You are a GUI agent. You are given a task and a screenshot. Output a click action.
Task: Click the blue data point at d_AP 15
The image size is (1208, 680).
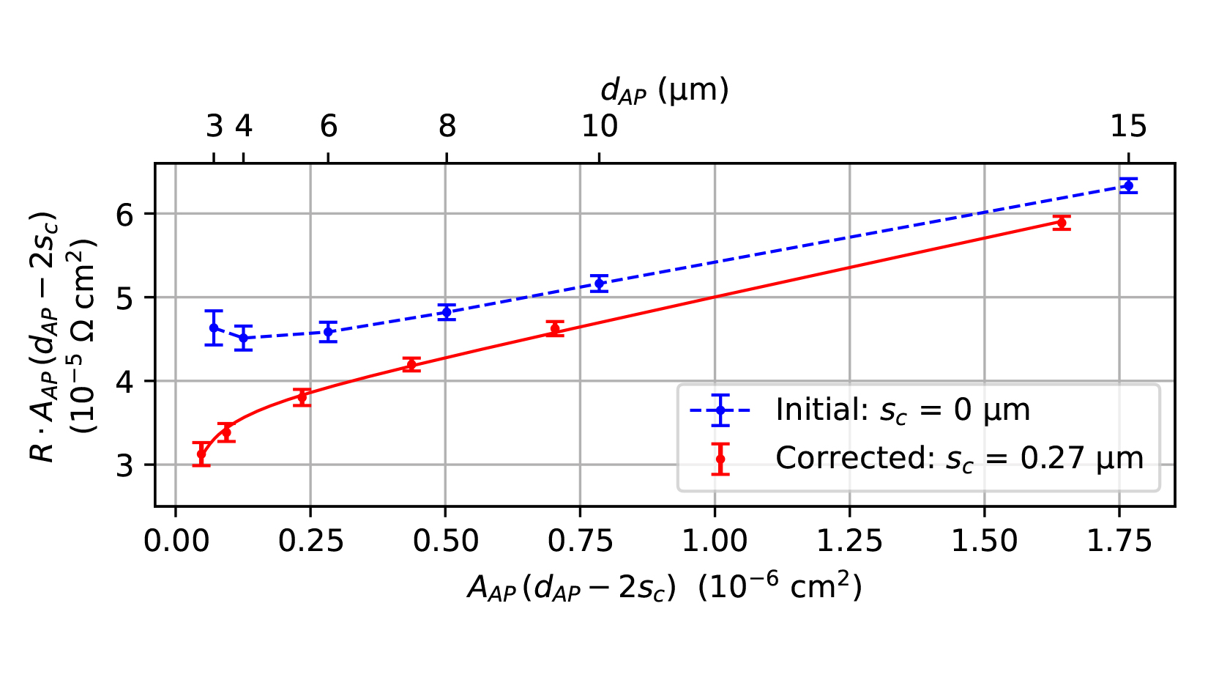[1127, 186]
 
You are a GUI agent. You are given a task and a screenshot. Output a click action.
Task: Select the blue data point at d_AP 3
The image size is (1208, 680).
[214, 328]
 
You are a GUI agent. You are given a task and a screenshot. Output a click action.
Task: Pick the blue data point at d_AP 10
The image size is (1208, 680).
[600, 283]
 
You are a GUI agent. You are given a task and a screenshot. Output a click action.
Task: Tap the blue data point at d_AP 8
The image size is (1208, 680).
[446, 312]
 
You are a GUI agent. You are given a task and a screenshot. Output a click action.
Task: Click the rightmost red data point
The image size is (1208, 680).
[1061, 223]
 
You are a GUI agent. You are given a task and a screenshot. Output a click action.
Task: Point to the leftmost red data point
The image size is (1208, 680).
[202, 454]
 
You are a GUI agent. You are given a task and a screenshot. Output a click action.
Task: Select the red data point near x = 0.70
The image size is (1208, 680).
[555, 328]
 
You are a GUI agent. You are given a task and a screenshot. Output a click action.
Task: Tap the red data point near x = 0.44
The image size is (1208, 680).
[411, 364]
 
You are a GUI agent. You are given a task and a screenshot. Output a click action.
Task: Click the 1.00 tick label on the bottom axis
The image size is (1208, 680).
[714, 542]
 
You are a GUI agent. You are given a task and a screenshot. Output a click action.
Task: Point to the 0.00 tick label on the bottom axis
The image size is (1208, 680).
[175, 542]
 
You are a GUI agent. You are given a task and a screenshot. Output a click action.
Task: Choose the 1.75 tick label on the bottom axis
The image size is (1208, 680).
[1119, 542]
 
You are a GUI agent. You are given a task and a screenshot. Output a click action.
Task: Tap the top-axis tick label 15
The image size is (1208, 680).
[1127, 127]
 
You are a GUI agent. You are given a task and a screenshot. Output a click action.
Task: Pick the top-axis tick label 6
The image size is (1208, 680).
[329, 127]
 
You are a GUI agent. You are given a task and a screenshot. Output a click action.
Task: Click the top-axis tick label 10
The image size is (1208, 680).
[600, 127]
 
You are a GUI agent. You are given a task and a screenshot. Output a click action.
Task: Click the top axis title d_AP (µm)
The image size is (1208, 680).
[664, 90]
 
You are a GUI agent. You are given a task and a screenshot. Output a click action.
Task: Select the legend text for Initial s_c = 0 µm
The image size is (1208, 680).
[903, 410]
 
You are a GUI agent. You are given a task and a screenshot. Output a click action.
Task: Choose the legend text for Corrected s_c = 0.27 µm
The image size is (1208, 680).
[959, 459]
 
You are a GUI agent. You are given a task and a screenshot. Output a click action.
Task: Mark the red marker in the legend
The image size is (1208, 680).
[720, 459]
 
